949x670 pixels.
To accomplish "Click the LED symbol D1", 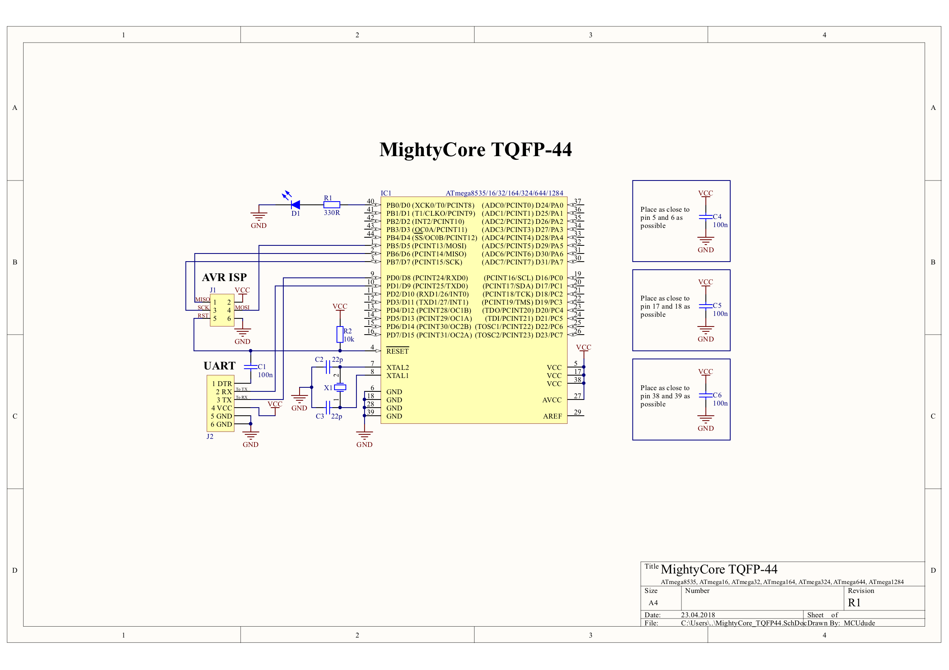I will click(x=295, y=204).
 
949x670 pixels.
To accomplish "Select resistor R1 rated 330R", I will click(x=332, y=204).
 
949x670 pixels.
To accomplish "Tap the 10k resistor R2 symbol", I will click(x=340, y=334).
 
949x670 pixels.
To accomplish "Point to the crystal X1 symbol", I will click(x=340, y=387).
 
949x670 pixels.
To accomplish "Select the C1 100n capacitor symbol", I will click(x=250, y=367).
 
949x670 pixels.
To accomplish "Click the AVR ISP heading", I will click(x=224, y=277).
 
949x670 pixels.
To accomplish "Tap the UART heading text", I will click(x=220, y=366).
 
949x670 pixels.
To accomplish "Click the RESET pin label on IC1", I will click(x=397, y=351).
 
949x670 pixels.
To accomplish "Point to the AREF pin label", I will click(x=552, y=416).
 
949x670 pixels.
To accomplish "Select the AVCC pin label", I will click(x=552, y=400).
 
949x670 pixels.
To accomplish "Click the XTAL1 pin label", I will click(x=397, y=376).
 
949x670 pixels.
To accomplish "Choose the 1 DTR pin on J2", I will click(x=222, y=384).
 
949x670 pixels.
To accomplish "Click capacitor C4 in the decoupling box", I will click(x=705, y=217).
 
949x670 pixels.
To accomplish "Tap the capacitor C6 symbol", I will click(x=705, y=395).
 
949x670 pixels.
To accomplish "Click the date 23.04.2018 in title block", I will click(x=698, y=615).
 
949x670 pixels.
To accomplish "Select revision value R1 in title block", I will click(x=854, y=603).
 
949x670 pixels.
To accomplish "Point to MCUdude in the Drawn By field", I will click(x=859, y=623).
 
